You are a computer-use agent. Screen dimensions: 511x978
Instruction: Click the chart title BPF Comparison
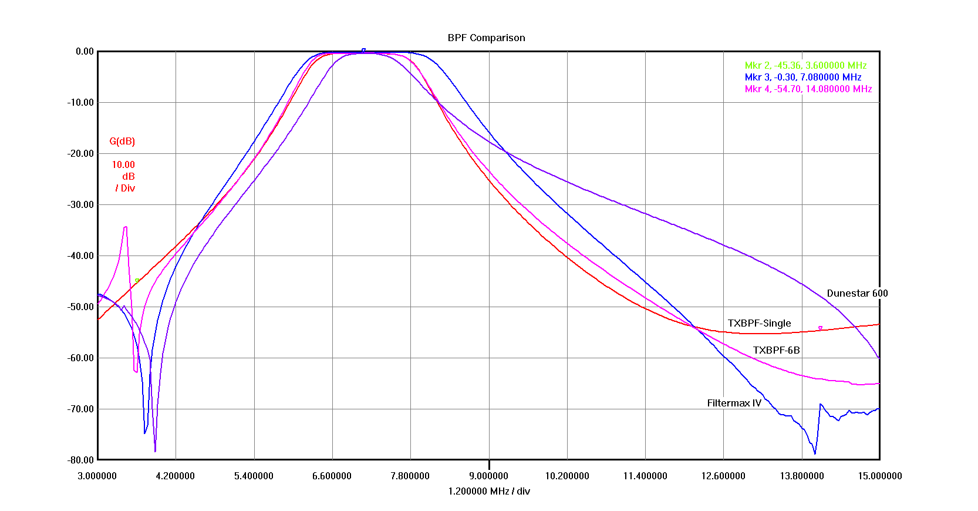pos(486,38)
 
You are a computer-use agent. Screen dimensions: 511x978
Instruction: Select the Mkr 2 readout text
pos(805,66)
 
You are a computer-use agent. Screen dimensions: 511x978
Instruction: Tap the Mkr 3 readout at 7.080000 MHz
pos(802,77)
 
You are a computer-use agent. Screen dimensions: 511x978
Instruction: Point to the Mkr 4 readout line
pos(808,89)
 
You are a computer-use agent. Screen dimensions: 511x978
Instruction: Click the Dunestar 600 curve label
pos(856,293)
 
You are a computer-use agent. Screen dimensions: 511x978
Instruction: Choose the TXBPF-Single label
pos(759,323)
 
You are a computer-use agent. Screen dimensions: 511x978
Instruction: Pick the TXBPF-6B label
pos(776,350)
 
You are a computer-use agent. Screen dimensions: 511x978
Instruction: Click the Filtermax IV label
pos(734,403)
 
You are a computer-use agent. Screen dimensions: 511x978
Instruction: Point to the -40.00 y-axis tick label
pos(81,255)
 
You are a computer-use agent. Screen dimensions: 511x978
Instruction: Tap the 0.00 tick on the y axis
pos(85,51)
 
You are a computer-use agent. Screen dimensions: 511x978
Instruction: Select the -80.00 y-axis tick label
pos(81,460)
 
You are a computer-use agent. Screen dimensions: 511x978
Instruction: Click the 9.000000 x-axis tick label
pos(488,476)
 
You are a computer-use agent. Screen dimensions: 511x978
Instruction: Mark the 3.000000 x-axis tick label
pos(97,476)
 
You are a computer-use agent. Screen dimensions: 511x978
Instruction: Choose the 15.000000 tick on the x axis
pos(879,476)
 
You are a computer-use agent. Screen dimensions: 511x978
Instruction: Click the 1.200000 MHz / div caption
pos(488,491)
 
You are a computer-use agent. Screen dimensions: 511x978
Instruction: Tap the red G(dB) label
pos(122,141)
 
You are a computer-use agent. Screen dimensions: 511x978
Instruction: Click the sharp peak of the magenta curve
pos(126,227)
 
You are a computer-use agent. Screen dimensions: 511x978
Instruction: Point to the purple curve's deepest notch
pos(155,451)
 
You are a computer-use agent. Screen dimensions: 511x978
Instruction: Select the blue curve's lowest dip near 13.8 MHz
pos(815,453)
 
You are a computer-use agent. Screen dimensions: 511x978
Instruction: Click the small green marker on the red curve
pos(137,281)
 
